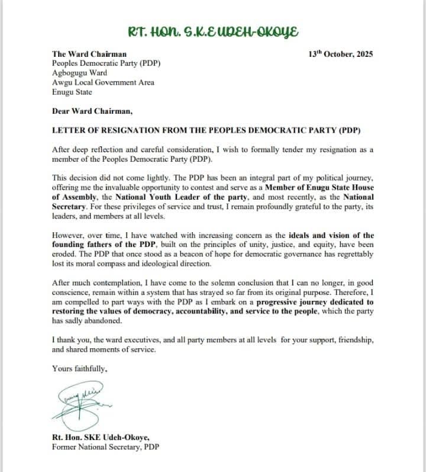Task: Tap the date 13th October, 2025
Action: tap(341, 54)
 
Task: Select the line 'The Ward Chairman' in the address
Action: tap(89, 54)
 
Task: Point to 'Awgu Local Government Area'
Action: tap(103, 82)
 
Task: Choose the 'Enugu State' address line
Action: tap(72, 92)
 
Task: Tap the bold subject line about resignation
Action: tap(205, 129)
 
